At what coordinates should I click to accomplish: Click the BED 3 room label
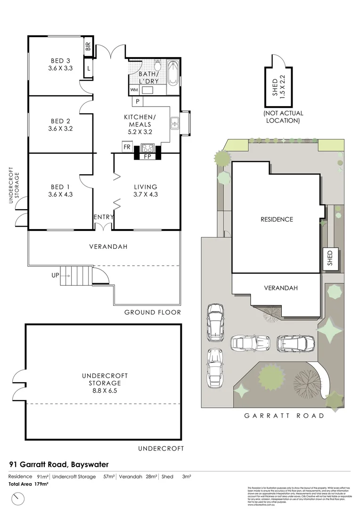[60, 60]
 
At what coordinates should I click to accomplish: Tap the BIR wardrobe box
[88, 46]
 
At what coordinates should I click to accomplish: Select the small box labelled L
[88, 69]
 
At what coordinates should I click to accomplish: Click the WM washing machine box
[133, 90]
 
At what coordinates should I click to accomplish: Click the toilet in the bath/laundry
[157, 65]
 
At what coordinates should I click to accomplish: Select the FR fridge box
[127, 147]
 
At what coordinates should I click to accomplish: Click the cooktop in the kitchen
[147, 147]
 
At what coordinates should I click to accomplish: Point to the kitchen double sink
[175, 123]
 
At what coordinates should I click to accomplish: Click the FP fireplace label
[147, 156]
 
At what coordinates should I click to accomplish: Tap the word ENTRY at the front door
[104, 217]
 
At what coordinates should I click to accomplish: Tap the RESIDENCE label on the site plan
[277, 219]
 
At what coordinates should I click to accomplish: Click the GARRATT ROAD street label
[284, 416]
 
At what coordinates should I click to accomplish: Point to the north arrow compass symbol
[18, 498]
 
